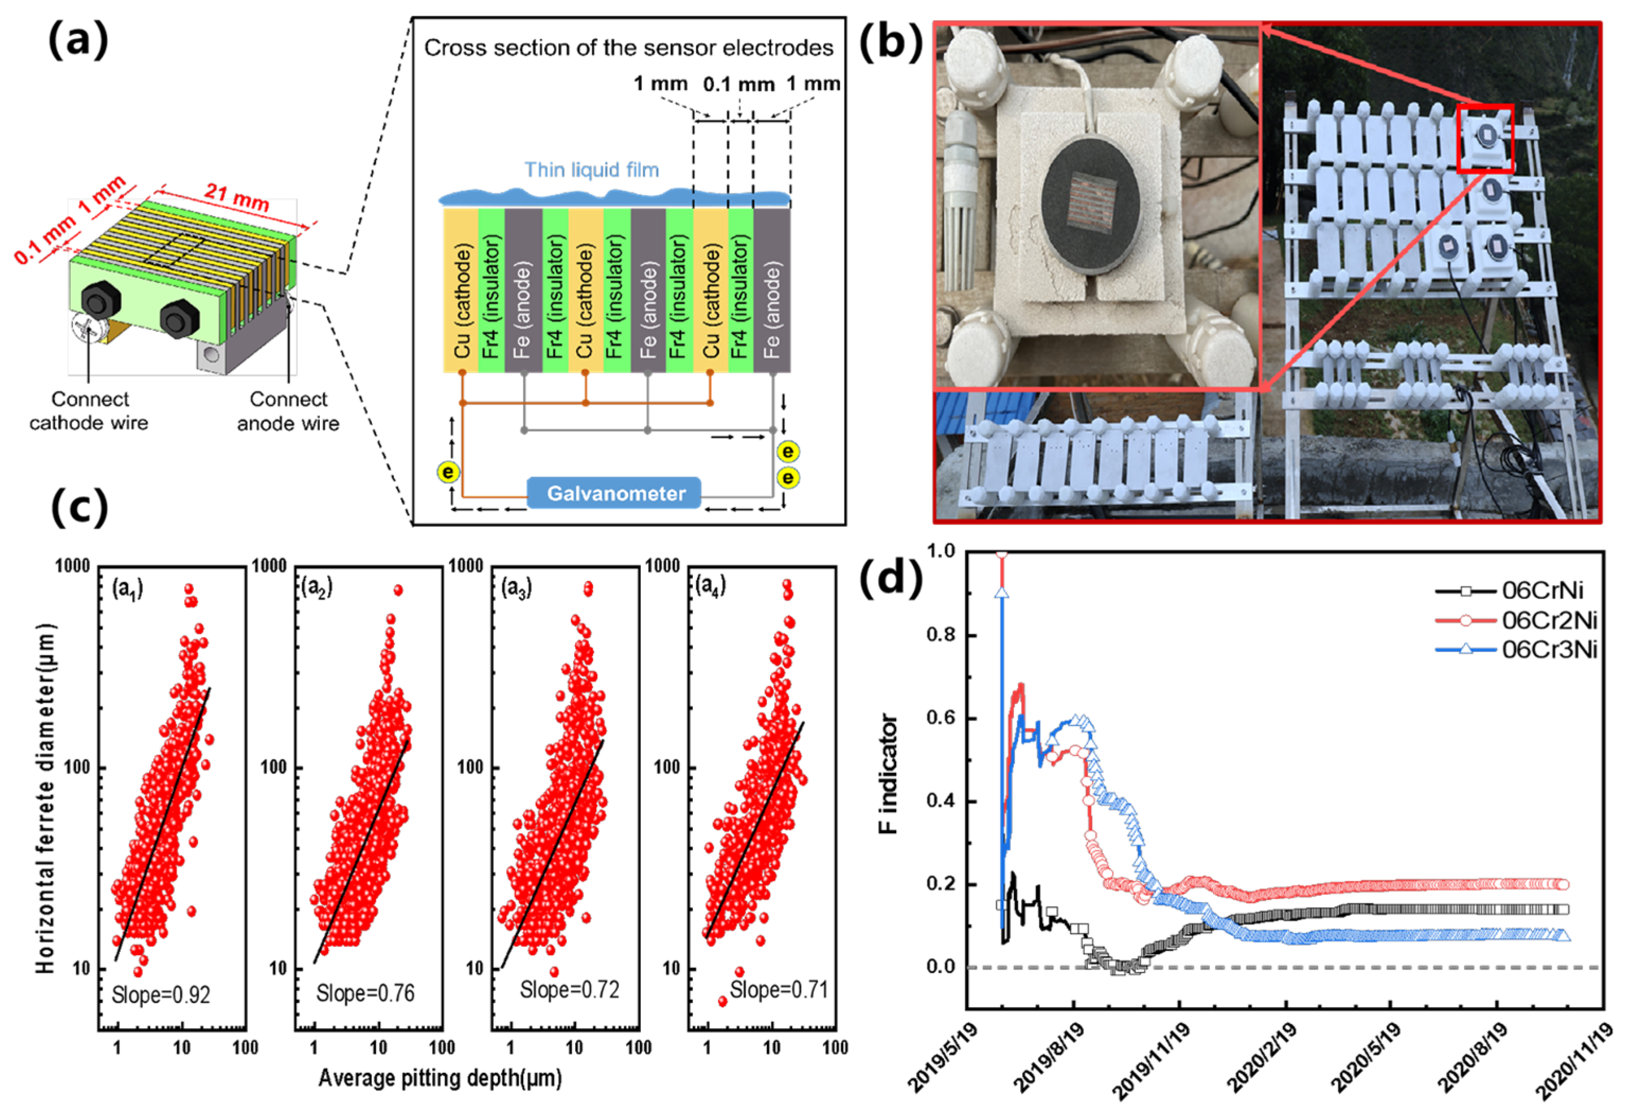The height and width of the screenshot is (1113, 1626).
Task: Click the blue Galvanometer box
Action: coord(614,493)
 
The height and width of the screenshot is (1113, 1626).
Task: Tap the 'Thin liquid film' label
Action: coord(592,170)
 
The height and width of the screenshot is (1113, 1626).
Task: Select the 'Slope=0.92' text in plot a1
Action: coord(161,994)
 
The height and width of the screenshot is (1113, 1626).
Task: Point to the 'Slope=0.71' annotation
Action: coord(779,989)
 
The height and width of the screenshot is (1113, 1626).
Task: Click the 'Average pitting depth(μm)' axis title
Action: coord(440,1078)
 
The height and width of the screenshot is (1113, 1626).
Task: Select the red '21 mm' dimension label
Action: coord(236,196)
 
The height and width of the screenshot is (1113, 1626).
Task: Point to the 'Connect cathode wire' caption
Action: coord(89,411)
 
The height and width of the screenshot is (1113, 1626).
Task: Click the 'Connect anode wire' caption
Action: coord(288,411)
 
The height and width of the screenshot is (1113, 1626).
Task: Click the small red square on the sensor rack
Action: coord(1485,138)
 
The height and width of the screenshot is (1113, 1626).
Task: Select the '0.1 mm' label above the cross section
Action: coord(738,85)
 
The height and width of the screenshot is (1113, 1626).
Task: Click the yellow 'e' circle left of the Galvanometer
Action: coord(448,472)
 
